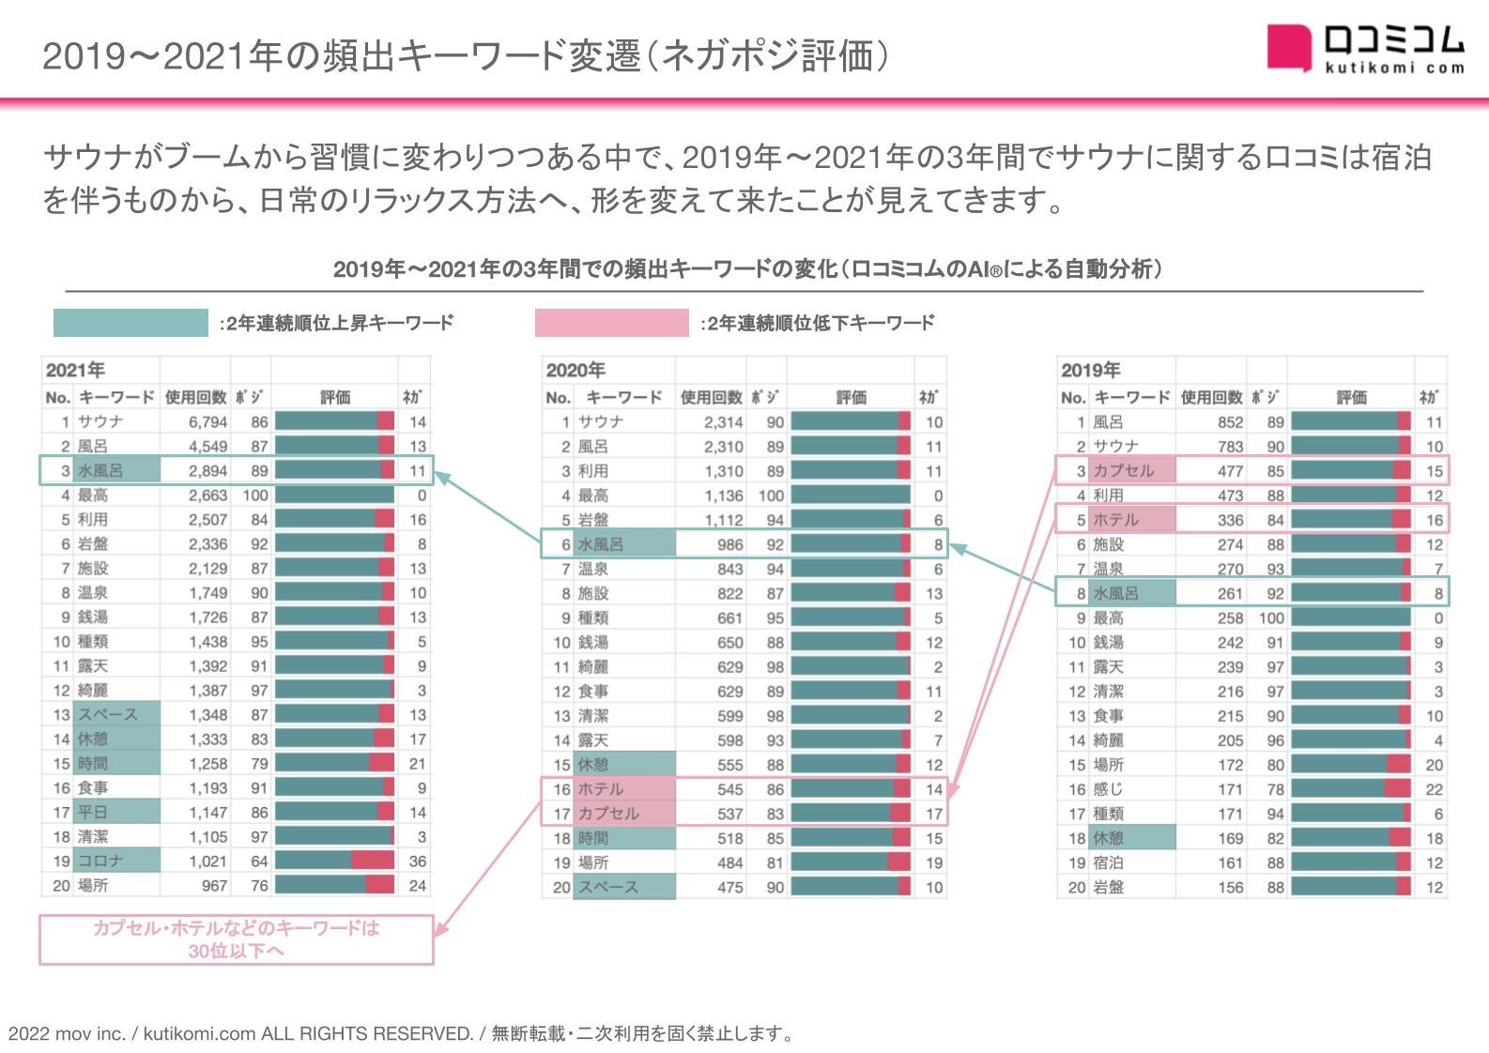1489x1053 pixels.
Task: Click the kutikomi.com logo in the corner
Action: coord(1364,48)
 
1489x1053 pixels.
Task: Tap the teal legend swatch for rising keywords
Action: coord(130,323)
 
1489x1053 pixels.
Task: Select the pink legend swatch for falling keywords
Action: coord(611,323)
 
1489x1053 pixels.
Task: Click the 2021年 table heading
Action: coord(75,370)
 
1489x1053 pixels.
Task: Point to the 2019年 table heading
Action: coord(1090,370)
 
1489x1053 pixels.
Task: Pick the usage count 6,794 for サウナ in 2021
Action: coord(207,422)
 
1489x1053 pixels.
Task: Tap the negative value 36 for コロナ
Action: coord(418,862)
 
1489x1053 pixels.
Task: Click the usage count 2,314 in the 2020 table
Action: coord(723,422)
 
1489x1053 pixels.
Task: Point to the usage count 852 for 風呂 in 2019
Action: coord(1230,422)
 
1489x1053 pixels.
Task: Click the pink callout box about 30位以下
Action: coord(236,939)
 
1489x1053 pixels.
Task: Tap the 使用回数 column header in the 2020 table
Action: coord(711,397)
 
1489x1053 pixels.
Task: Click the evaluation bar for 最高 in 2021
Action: coord(335,496)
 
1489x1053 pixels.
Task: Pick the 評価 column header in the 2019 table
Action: coord(1351,397)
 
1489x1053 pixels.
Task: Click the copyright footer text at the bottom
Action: coord(402,1034)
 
